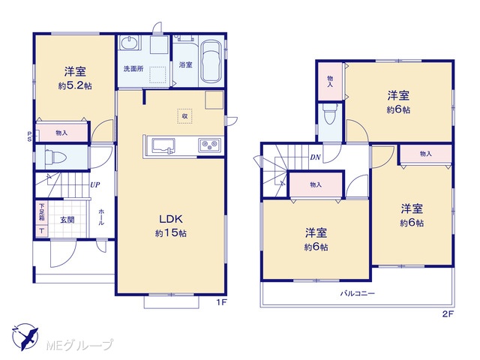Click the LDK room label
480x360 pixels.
(x=171, y=219)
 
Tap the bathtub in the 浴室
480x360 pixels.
(x=211, y=61)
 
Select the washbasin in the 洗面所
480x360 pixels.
(x=130, y=43)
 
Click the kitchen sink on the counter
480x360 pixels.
(x=163, y=145)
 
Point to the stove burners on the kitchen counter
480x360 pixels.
(x=210, y=145)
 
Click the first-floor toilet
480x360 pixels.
(x=55, y=157)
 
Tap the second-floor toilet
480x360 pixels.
(x=330, y=115)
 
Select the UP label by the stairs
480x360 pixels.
(x=95, y=185)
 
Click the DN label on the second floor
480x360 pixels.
(x=315, y=157)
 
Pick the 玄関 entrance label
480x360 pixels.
(x=67, y=220)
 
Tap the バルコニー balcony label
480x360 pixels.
(x=358, y=293)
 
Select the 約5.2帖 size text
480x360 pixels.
(x=75, y=86)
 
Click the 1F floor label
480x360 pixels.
(x=221, y=303)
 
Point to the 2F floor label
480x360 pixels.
(x=447, y=314)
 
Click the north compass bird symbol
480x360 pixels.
(x=25, y=337)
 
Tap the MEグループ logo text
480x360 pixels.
(x=79, y=345)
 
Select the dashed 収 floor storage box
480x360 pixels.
(x=184, y=116)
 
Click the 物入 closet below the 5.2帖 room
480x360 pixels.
(x=61, y=133)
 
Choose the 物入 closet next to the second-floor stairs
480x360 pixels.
(x=316, y=185)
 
